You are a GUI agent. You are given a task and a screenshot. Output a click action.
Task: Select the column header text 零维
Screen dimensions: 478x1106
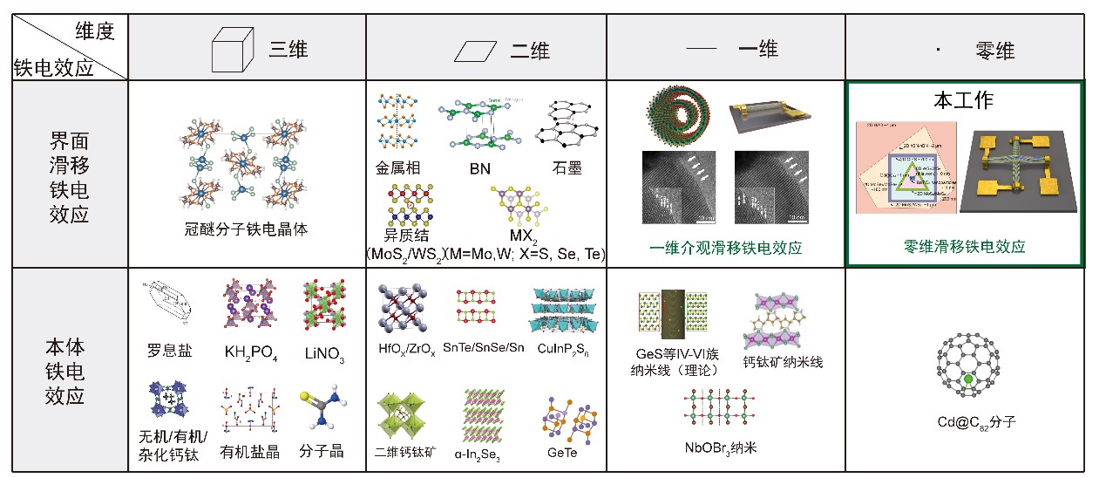(x=994, y=51)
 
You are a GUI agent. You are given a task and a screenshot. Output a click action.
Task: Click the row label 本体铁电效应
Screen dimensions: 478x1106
(x=66, y=370)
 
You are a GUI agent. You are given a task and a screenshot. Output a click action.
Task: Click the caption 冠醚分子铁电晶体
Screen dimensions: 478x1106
(x=247, y=230)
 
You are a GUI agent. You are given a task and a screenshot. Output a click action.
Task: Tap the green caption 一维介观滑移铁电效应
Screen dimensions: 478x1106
(x=726, y=248)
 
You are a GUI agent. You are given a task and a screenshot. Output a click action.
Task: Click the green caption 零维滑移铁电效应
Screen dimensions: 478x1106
(x=965, y=247)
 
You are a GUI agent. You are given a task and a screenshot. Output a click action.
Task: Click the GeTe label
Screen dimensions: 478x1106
(x=562, y=452)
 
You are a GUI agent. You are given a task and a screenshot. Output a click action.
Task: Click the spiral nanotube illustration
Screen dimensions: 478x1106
(x=679, y=115)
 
